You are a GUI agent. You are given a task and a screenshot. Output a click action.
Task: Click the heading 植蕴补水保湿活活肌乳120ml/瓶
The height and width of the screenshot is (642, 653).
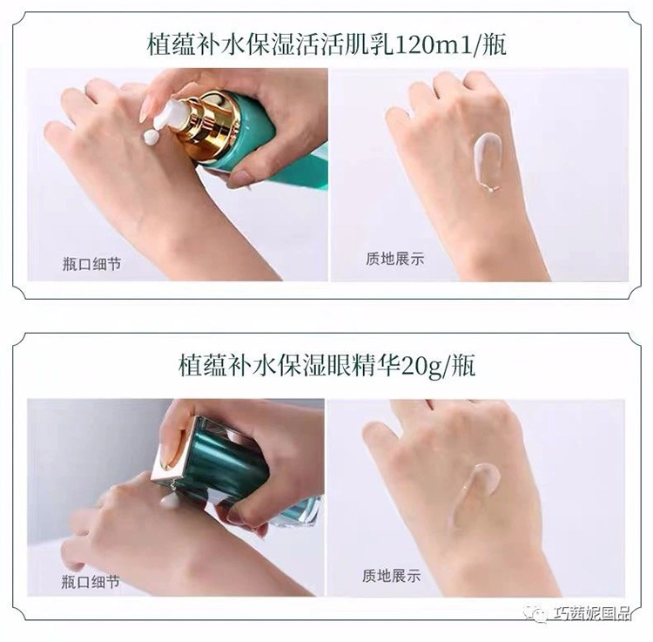326,45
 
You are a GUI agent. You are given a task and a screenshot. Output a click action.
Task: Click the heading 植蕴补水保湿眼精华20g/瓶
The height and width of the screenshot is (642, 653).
326,365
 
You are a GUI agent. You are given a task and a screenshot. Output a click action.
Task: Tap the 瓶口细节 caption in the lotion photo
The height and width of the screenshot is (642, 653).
91,264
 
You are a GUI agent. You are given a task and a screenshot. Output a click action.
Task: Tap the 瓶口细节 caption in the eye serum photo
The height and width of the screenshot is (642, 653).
91,582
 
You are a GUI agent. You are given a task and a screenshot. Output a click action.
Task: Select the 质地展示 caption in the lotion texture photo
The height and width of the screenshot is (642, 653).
394,259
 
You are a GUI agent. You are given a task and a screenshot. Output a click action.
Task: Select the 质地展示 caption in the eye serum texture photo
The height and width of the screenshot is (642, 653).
392,576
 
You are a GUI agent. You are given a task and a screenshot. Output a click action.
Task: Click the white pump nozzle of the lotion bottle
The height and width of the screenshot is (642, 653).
169,114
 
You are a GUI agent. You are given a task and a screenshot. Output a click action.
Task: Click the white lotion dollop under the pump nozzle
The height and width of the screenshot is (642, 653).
151,137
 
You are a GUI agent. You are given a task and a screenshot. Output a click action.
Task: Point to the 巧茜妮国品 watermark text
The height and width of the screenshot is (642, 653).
592,613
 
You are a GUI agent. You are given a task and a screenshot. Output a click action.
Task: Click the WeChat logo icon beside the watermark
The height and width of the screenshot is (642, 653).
535,613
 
